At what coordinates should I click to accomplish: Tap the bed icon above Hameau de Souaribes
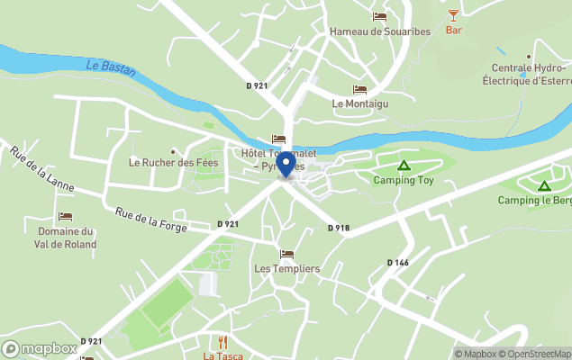[379, 16]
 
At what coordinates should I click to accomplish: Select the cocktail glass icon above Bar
[453, 14]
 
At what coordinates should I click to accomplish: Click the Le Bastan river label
[111, 70]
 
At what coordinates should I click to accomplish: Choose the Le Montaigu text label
[359, 103]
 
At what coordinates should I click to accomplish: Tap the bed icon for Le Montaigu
[359, 90]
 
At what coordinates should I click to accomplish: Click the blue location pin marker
[286, 164]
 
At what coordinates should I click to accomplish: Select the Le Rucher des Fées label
[174, 163]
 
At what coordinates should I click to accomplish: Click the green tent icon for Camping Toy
[404, 166]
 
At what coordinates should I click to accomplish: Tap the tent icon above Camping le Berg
[543, 186]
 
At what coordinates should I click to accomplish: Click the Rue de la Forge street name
[150, 220]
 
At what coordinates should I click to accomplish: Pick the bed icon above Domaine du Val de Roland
[65, 217]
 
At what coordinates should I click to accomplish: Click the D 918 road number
[338, 228]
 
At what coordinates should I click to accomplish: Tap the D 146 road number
[397, 262]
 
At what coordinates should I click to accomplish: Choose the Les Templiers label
[286, 268]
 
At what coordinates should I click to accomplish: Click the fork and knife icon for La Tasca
[222, 342]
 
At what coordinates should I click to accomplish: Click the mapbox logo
[40, 348]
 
